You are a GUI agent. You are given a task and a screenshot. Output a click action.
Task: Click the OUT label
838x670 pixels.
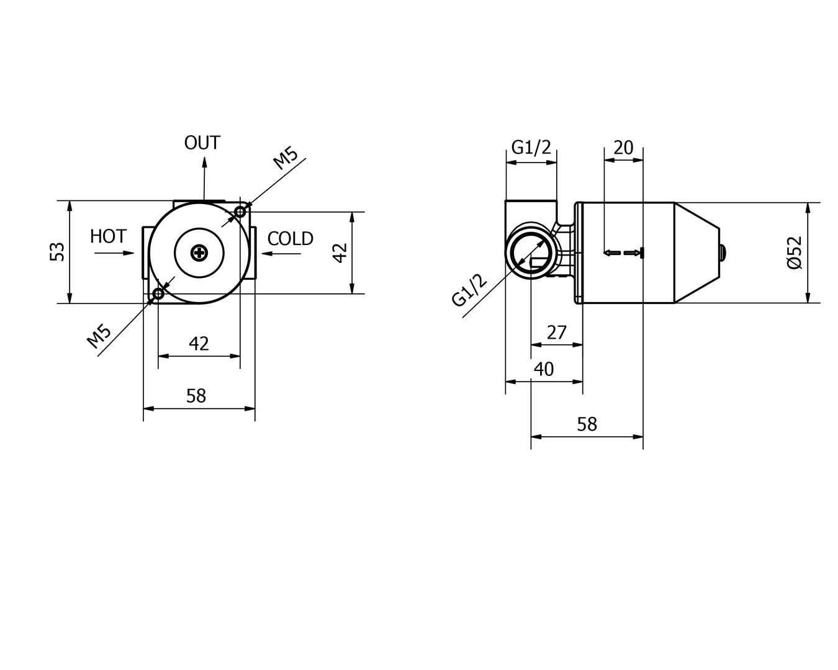pos(202,143)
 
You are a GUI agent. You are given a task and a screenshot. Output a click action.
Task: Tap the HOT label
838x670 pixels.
pos(108,236)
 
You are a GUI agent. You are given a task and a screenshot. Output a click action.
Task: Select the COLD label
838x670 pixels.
pos(291,239)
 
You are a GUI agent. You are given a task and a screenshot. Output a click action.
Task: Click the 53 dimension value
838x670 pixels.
pos(57,251)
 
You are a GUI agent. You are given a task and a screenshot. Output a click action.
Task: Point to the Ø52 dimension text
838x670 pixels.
pos(795,252)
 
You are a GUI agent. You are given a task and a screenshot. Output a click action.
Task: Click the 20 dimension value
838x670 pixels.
pos(623,148)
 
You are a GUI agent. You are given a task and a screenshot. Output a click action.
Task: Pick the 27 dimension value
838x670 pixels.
pos(557,333)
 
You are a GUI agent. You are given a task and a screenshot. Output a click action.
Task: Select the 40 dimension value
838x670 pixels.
pos(544,369)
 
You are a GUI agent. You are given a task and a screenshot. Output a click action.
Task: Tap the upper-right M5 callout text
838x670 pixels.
pos(286,158)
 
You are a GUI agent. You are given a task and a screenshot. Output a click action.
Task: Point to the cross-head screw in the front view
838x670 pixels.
pos(199,252)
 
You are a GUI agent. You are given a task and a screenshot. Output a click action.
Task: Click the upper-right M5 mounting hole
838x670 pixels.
pos(240,212)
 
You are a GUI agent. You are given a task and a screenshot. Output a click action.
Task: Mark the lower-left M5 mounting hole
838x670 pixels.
pos(158,293)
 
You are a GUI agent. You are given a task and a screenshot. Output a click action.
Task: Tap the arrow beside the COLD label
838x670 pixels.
pos(281,252)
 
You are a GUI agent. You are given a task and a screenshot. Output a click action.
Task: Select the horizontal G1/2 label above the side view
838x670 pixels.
pos(531,148)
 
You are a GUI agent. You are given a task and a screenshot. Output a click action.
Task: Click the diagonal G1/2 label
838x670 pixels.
pos(470,290)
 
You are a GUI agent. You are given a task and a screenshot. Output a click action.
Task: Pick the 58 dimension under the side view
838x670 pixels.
pos(587,424)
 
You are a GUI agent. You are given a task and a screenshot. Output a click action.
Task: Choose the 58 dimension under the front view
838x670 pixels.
pos(196,396)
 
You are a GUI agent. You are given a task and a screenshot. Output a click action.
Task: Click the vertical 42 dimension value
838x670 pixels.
pos(340,252)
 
